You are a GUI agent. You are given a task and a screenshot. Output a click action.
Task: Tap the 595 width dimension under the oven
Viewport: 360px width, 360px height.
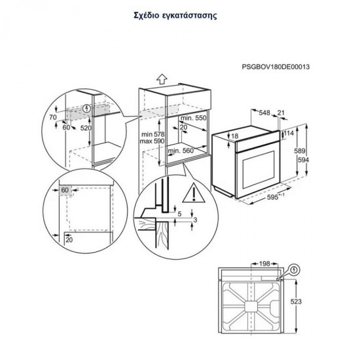click(x=264, y=198)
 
